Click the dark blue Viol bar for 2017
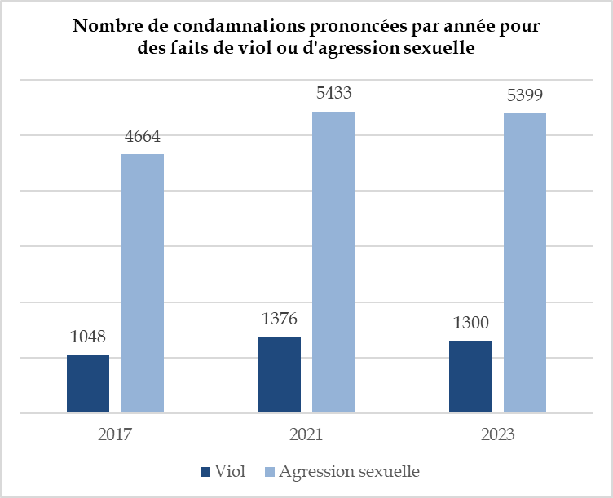click(88, 384)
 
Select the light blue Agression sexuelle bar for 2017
click(143, 283)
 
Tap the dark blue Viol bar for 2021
click(279, 375)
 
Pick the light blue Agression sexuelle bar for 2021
click(333, 262)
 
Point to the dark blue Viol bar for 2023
click(470, 377)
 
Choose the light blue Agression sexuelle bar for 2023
click(525, 262)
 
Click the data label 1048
click(88, 336)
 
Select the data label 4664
click(143, 135)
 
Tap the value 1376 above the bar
click(280, 318)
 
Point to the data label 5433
click(333, 93)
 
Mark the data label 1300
click(470, 322)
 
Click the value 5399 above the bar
click(525, 95)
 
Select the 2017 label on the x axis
click(115, 434)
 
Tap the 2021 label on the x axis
click(306, 434)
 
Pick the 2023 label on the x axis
click(497, 434)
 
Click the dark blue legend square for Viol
click(205, 472)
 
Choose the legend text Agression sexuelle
click(349, 472)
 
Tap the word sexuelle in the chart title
click(440, 47)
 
